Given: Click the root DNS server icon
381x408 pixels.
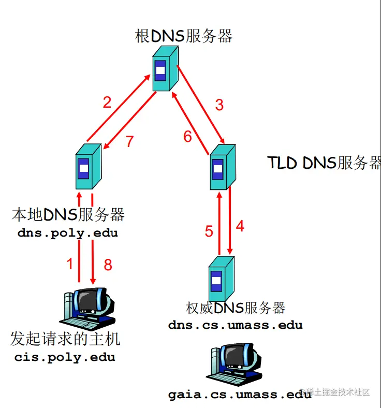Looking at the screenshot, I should click(x=164, y=70).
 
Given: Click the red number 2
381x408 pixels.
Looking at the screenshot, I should click(x=107, y=102).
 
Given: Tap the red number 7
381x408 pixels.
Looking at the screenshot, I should click(x=130, y=141).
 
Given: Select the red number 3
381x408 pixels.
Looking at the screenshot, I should click(x=219, y=105).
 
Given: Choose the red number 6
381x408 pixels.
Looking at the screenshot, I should click(x=187, y=137).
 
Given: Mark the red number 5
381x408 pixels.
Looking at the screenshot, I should click(x=209, y=231).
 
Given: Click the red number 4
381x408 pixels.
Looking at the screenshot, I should click(x=240, y=226).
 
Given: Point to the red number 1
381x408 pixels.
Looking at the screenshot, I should click(x=70, y=265).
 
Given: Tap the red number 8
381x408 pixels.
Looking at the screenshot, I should click(x=108, y=265).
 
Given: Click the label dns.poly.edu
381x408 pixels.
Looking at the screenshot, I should click(x=68, y=233).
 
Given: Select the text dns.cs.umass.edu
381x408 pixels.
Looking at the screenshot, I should click(x=236, y=326).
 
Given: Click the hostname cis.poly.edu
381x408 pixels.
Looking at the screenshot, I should click(x=65, y=357).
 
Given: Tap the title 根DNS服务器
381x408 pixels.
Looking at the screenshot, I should click(x=184, y=36).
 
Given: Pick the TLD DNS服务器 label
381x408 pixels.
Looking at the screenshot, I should click(x=324, y=163).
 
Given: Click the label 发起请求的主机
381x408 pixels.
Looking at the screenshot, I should click(x=65, y=340).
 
